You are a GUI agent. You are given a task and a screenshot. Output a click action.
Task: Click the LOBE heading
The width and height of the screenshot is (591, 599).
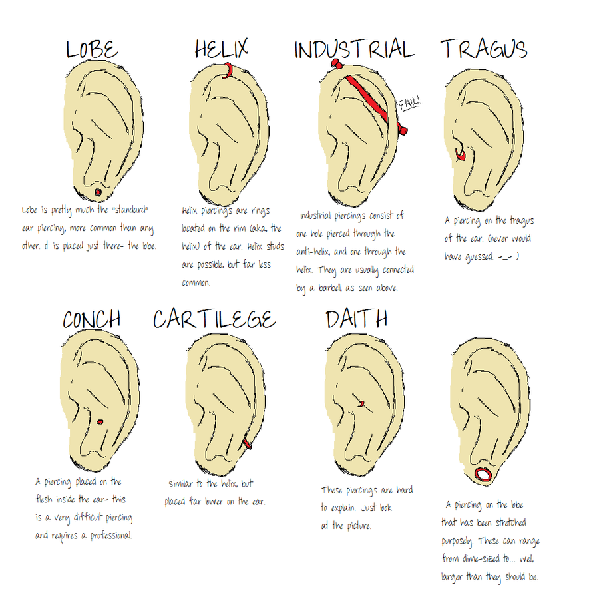(x=92, y=49)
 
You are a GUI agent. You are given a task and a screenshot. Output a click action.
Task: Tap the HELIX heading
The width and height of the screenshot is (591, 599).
(x=222, y=48)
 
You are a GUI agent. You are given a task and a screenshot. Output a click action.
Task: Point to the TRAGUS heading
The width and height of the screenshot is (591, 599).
(x=484, y=49)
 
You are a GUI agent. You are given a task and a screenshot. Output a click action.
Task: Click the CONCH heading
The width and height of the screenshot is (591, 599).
(x=92, y=319)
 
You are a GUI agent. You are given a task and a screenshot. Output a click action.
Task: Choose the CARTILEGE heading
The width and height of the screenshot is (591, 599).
(x=214, y=319)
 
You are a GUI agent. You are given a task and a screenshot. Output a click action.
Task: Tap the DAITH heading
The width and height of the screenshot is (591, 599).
(x=357, y=319)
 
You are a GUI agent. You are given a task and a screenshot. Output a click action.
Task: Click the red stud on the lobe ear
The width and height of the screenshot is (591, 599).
(x=98, y=192)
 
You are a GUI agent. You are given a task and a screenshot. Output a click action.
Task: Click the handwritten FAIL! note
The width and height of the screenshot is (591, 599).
(x=409, y=103)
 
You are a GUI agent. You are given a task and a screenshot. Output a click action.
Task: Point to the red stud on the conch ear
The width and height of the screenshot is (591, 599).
(x=100, y=422)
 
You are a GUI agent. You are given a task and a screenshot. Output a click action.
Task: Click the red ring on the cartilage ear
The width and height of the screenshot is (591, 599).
(x=247, y=443)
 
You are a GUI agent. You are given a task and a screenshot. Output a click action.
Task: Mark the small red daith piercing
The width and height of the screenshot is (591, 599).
(x=361, y=403)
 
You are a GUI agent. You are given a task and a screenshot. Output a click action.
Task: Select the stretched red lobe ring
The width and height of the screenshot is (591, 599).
(x=483, y=474)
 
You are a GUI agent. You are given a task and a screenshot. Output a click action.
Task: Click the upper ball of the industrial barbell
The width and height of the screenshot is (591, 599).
(x=336, y=63)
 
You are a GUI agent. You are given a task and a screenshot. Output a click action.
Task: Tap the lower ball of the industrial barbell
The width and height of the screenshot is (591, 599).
(x=402, y=130)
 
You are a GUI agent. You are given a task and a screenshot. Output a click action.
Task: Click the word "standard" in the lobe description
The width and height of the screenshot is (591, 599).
(x=130, y=210)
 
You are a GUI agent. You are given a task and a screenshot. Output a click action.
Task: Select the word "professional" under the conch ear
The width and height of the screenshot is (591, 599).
(x=111, y=536)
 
